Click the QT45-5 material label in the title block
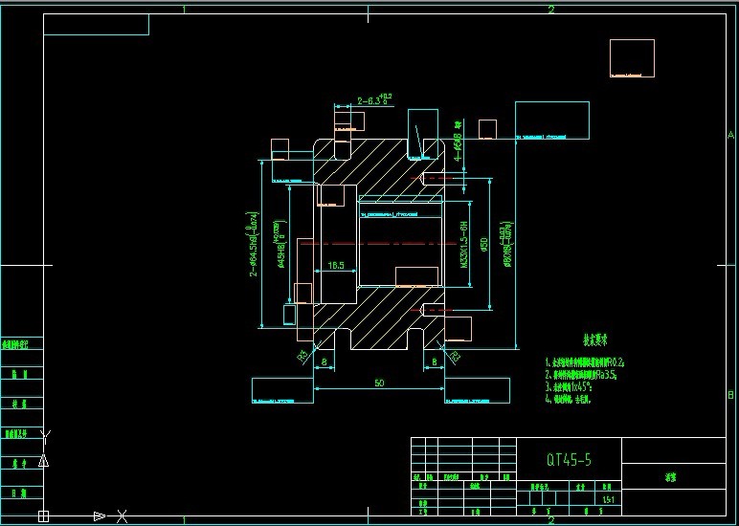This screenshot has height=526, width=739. [569, 460]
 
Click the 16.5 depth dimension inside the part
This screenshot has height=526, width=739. [335, 265]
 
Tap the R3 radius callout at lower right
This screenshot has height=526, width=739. [455, 357]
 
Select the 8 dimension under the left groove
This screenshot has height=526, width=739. [325, 362]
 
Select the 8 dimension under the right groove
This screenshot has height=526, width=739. [435, 362]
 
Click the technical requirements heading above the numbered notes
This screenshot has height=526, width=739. [596, 340]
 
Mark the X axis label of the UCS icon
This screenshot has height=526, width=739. [122, 516]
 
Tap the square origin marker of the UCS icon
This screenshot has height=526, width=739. [43, 516]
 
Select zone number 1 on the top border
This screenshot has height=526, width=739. [184, 10]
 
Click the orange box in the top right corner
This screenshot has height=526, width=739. [632, 57]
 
